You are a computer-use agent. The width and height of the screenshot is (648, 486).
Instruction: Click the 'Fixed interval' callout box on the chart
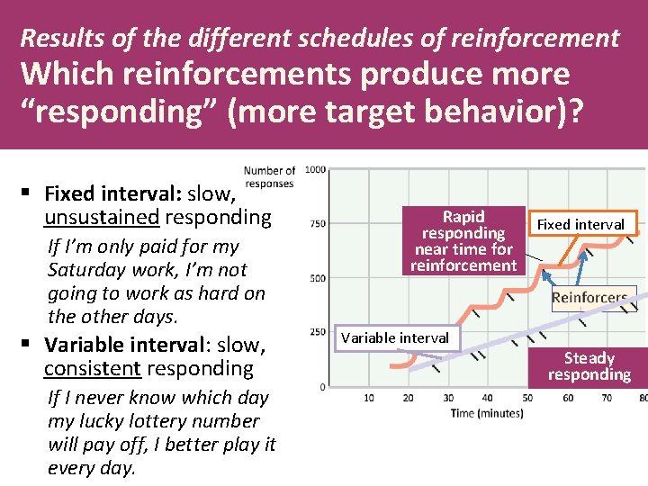tap(580, 224)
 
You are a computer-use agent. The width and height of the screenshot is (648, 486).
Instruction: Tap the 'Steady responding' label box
tap(589, 366)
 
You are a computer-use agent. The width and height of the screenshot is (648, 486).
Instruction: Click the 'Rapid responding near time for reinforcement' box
tap(463, 240)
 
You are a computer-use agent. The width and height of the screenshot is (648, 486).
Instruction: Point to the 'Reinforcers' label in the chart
tap(589, 298)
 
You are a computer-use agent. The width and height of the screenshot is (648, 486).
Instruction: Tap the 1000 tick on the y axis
tap(315, 169)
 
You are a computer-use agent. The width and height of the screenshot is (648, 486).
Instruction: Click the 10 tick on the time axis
tap(369, 398)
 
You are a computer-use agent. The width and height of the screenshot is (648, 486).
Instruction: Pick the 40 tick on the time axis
tap(487, 398)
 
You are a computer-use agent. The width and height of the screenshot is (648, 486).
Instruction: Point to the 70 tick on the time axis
tap(606, 398)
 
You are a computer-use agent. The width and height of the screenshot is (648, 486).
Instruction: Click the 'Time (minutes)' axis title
tap(487, 413)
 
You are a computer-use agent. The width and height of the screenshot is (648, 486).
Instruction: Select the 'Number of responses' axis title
tap(269, 176)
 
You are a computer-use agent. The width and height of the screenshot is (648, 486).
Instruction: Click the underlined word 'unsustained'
tap(102, 217)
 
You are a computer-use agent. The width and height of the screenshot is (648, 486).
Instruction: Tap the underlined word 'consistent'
tap(92, 368)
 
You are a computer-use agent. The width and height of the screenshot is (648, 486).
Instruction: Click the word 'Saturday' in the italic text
tap(86, 269)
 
